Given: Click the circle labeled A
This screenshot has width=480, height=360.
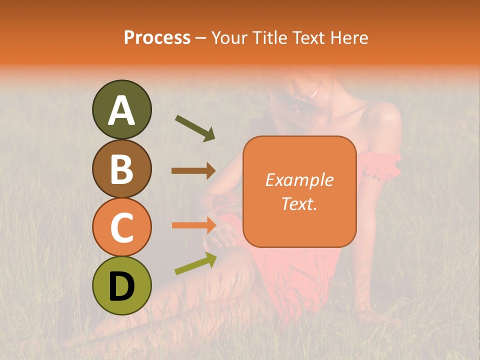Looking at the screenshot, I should point(121,109).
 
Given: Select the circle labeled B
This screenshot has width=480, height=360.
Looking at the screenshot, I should point(121,168).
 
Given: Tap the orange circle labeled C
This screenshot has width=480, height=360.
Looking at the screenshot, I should point(121,227).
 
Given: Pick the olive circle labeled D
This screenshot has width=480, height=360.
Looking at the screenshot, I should point(121,286).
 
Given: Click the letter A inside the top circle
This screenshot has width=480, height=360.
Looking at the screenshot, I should point(121,110).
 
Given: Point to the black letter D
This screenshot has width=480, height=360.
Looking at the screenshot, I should point(121,287).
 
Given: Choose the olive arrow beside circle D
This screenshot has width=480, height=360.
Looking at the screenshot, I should point(195,263).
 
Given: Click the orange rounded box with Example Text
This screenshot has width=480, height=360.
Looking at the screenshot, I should point(299,191).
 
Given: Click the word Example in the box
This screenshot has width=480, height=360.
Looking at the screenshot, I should point(299,180).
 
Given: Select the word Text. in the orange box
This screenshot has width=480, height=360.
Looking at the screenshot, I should point(299,203).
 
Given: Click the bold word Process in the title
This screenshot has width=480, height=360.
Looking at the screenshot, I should point(157,37).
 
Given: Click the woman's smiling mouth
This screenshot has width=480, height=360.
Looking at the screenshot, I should point(313,92).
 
